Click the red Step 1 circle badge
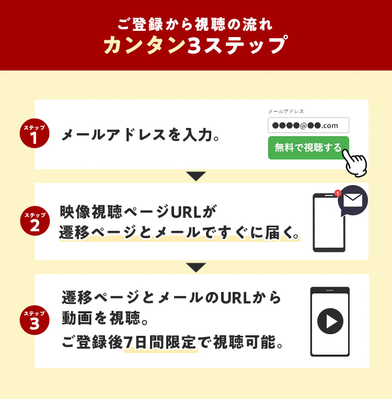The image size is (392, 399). pos(34,133)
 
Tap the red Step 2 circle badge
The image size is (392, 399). pos(35,220)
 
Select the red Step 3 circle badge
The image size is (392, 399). pos(34,320)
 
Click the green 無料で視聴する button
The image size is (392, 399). pos(308,148)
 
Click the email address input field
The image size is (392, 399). pos(308,125)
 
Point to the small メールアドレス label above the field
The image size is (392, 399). pos(286,111)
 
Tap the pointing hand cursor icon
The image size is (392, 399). pos(355,163)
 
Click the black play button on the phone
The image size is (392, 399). pos(330,321)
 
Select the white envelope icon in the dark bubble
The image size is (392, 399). pos(352,200)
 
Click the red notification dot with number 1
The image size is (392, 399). pos(338,193)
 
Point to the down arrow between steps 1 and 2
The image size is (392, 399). pos(196,176)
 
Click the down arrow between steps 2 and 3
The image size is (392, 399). pos(196,267)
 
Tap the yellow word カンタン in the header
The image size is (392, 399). pos(145,45)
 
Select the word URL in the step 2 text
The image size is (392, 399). pos(186,212)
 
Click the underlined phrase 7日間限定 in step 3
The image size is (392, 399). pos(160,342)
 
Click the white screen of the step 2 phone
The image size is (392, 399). pos(329,222)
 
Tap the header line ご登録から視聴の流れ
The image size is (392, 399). pos(195,25)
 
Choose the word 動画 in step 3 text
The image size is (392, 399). pos(77,318)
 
